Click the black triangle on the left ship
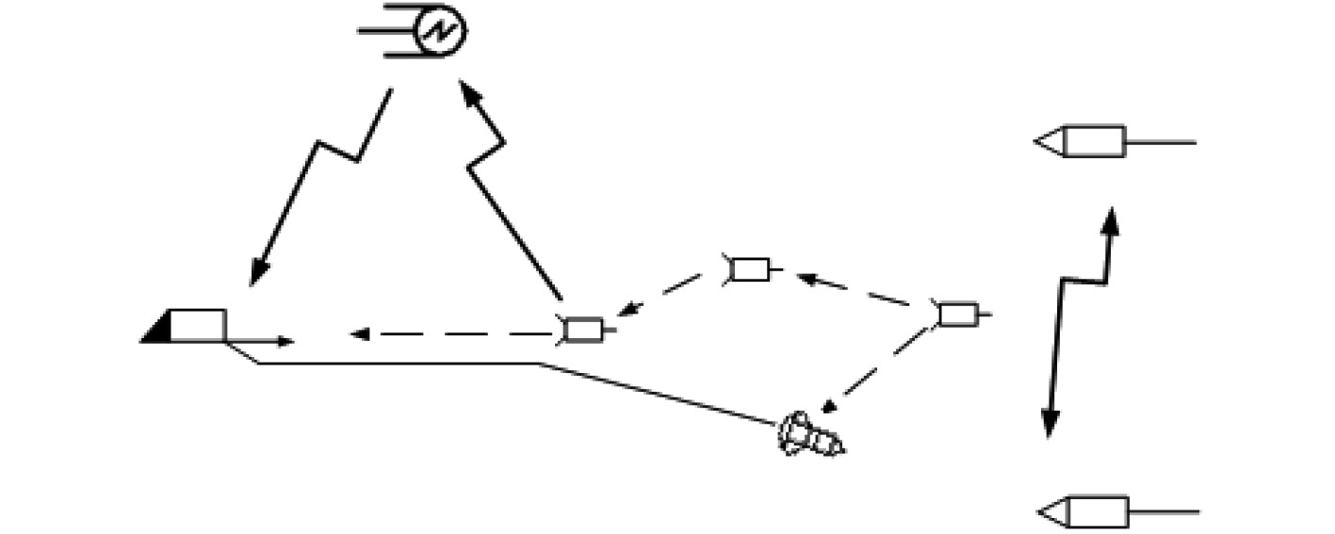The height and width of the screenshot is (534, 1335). coord(156,329)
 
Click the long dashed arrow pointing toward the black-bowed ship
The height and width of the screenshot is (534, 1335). coord(452,333)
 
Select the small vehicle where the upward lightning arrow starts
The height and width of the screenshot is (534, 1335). coord(582,330)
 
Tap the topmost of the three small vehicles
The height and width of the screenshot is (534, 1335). coord(750,269)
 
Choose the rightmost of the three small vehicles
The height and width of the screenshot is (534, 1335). coord(958,315)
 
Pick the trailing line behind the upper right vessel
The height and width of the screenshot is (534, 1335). coord(1161,142)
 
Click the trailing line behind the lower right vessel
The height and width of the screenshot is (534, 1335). coord(1164,512)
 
